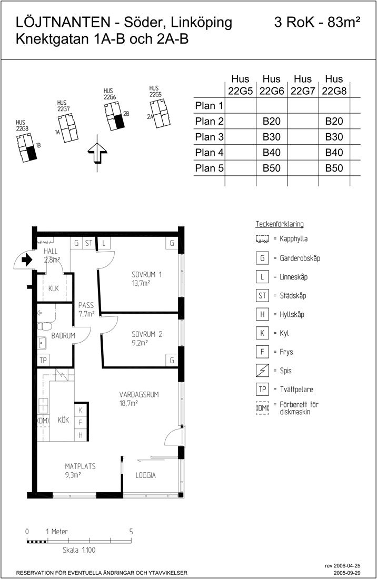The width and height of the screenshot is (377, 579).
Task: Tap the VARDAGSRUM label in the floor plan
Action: [x=139, y=394]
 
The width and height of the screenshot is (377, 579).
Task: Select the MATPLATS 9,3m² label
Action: [x=80, y=471]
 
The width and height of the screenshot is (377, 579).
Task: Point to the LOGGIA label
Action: [x=145, y=475]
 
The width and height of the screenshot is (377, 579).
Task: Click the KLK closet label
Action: [x=54, y=288]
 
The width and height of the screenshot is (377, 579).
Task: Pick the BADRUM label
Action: [x=63, y=336]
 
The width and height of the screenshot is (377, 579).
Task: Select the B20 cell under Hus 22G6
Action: [x=271, y=121]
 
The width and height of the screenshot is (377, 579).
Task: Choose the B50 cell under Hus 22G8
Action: [x=334, y=168]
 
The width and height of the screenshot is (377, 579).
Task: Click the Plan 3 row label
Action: [x=210, y=137]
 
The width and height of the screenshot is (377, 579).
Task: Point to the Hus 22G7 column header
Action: [x=303, y=85]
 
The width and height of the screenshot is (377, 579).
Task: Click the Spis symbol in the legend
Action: [x=262, y=371]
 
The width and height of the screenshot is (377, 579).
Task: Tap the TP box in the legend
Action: [x=262, y=389]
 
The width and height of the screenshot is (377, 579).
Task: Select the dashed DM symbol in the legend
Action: [x=262, y=408]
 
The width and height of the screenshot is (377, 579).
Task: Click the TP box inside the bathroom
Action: [x=43, y=360]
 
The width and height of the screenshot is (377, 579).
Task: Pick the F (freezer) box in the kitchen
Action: [x=80, y=423]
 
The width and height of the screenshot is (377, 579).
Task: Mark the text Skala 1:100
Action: [x=79, y=550]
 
